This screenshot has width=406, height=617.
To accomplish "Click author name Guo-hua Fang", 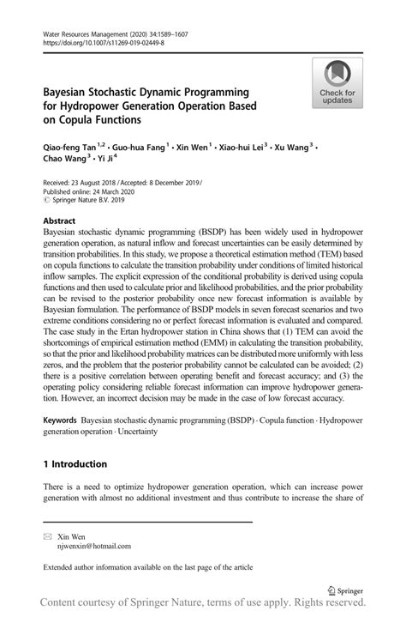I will coord(141,147).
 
